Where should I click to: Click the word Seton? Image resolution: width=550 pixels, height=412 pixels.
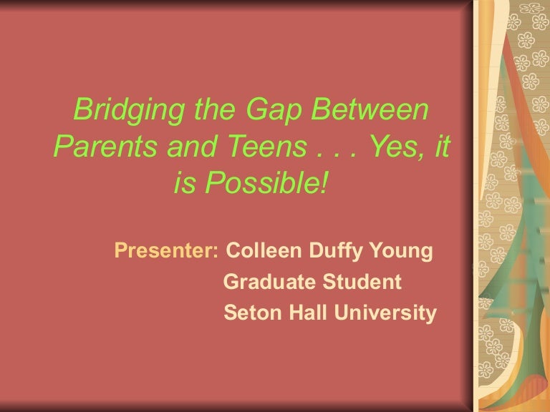[248, 313]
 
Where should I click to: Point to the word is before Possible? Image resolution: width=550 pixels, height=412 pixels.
[184, 184]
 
